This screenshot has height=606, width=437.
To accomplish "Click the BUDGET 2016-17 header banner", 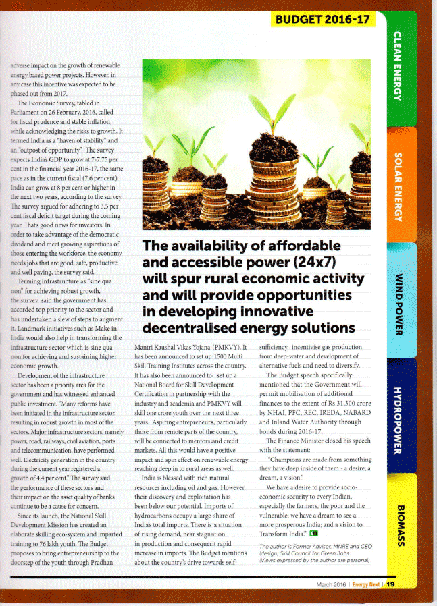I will (x=323, y=18).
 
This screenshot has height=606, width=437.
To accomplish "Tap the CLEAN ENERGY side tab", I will (x=399, y=65).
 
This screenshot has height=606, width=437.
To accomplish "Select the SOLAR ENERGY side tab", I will (x=399, y=186).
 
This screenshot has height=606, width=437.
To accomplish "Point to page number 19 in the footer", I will (x=390, y=584).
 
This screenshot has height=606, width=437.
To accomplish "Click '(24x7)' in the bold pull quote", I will (x=311, y=261).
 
